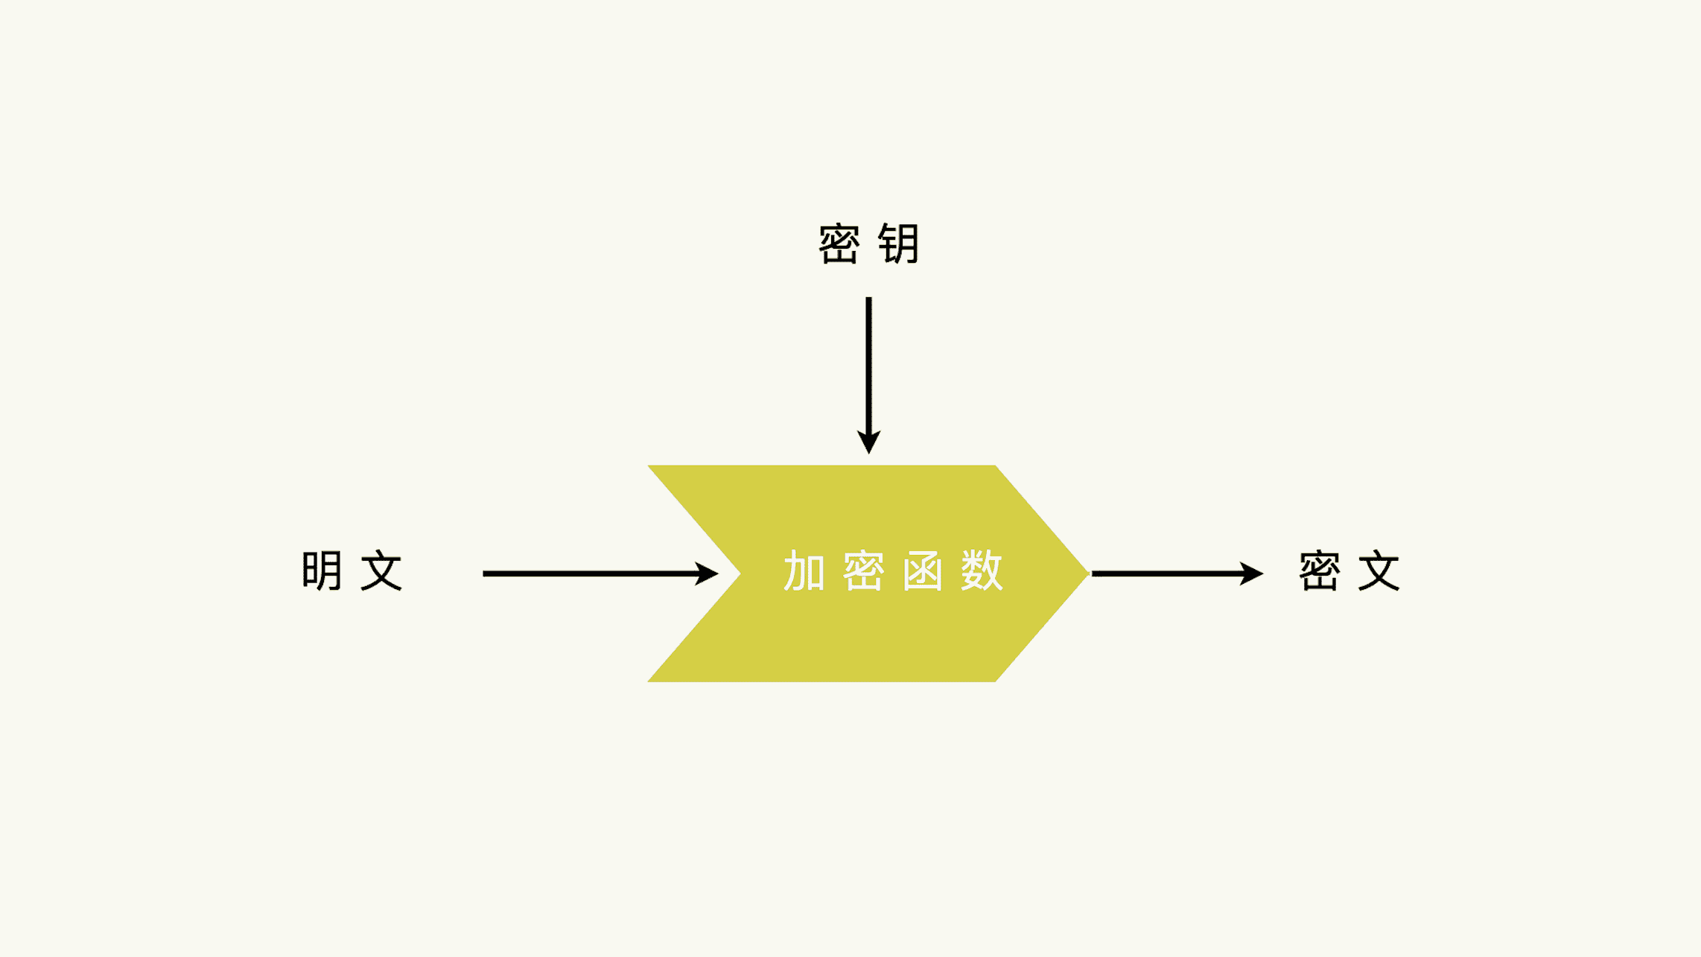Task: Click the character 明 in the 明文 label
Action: click(x=322, y=571)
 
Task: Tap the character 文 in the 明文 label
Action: click(x=381, y=571)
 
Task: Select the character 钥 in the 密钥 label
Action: click(x=898, y=244)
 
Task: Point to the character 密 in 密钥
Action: click(x=839, y=244)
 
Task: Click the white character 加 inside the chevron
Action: click(x=804, y=571)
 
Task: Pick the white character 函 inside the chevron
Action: click(x=923, y=571)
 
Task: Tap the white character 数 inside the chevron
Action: click(x=982, y=571)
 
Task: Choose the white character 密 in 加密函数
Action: click(x=863, y=571)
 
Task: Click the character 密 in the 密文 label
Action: click(x=1319, y=571)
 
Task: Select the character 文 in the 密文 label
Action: click(x=1379, y=571)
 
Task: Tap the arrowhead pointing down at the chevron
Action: click(x=868, y=442)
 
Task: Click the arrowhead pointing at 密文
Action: click(x=1252, y=573)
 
